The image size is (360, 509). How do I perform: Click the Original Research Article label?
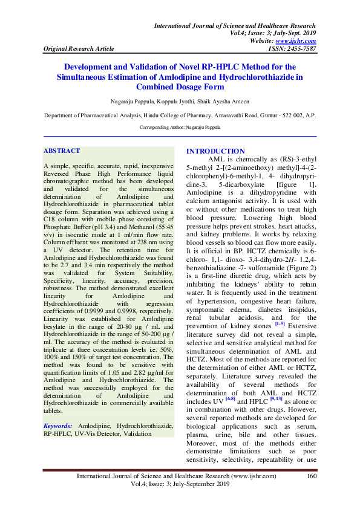coord(71,48)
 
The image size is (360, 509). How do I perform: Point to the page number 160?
coord(312,476)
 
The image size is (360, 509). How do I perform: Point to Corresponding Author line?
coord(180,128)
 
